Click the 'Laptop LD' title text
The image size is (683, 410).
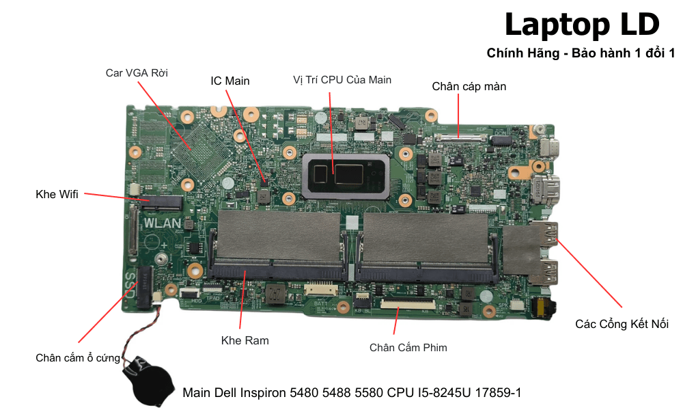point(582,25)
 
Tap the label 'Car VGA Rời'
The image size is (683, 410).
point(137,72)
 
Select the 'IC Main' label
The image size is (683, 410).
point(229,81)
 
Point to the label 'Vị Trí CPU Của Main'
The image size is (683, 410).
point(342,79)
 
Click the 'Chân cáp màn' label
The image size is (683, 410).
point(469,86)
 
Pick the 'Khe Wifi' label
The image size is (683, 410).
point(57,194)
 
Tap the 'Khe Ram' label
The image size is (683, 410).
point(245,340)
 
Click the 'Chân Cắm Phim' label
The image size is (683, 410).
point(408,347)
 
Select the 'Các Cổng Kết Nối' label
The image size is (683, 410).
point(622,324)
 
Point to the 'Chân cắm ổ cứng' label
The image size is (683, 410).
point(78,357)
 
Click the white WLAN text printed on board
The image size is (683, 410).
point(163,223)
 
